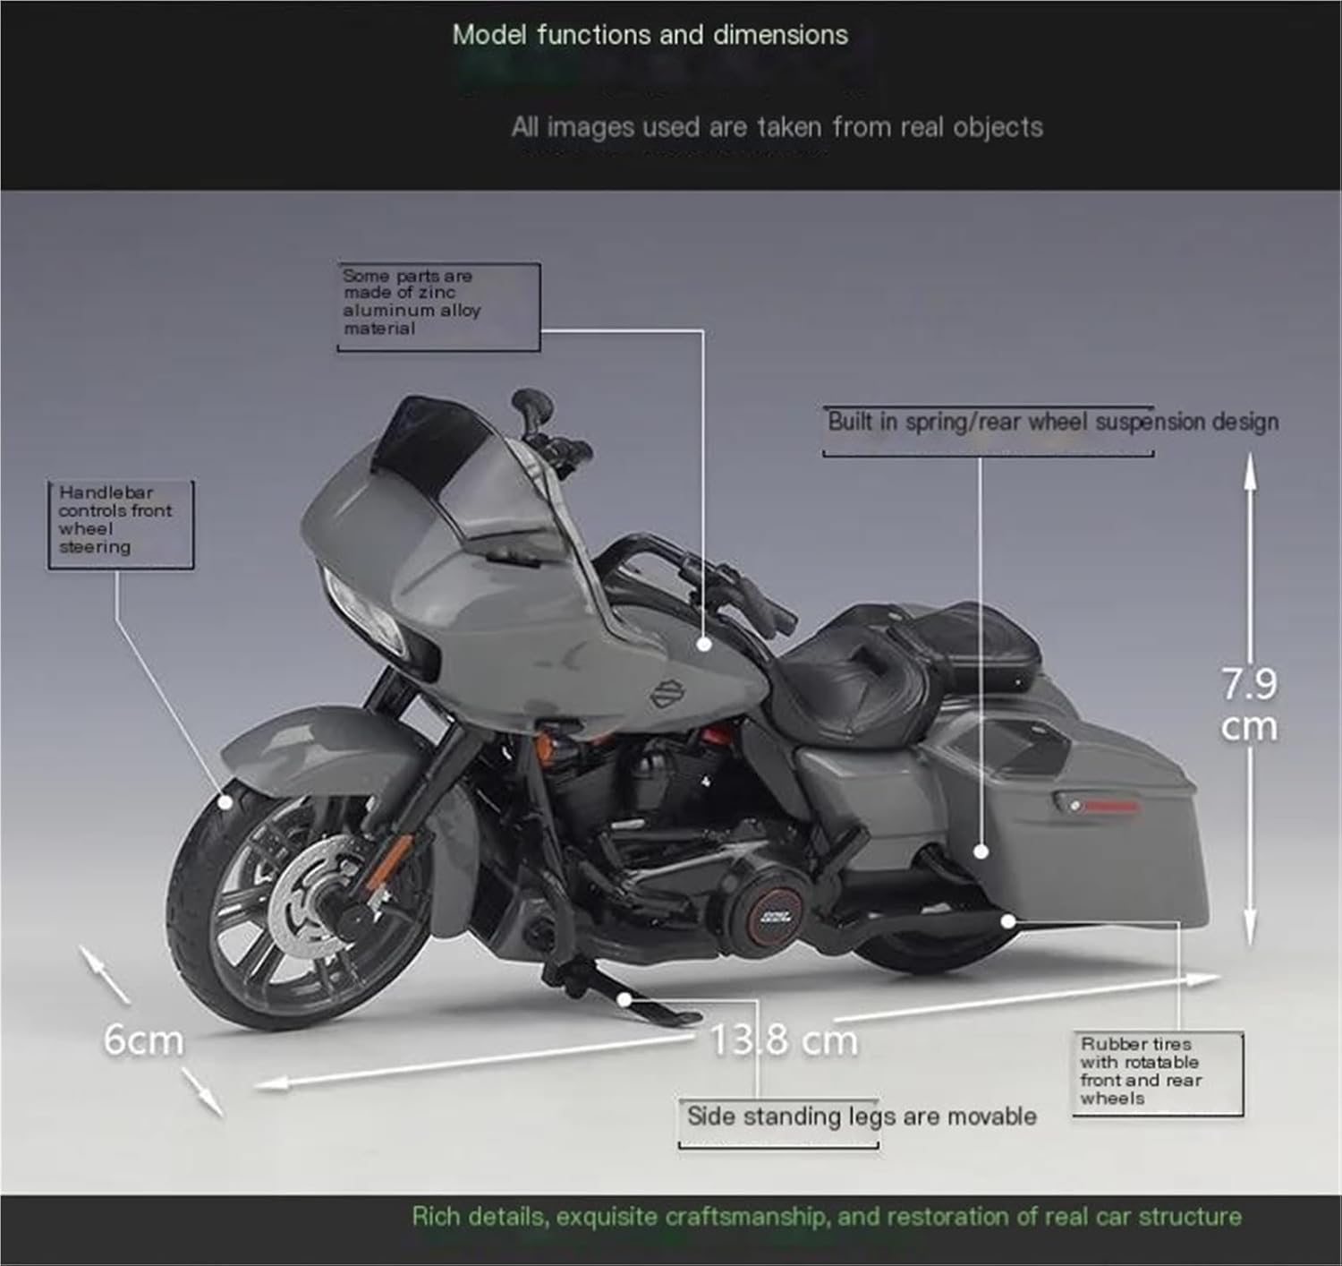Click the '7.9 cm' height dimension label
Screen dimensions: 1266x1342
pos(1249,705)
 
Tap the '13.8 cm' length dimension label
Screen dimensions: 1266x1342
pos(783,1040)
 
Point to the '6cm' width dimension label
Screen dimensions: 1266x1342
pos(143,1040)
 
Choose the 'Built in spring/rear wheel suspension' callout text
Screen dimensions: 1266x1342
pos(1052,422)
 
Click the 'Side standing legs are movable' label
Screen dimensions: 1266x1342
pos(861,1116)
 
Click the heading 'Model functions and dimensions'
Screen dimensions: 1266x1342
pos(650,35)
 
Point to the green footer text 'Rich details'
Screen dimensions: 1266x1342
pos(826,1216)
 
